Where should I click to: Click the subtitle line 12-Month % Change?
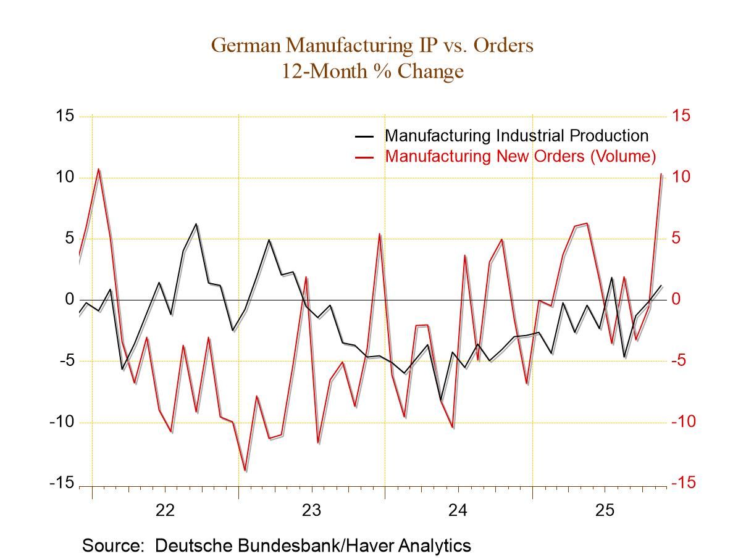pyautogui.click(x=372, y=71)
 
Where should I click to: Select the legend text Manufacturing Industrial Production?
pyautogui.click(x=516, y=136)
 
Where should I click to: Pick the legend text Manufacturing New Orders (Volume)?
pyautogui.click(x=520, y=156)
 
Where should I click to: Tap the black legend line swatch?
pyautogui.click(x=364, y=136)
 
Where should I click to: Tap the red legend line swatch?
pyautogui.click(x=364, y=157)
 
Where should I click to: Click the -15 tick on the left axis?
pyautogui.click(x=62, y=483)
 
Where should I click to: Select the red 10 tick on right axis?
pyautogui.click(x=681, y=177)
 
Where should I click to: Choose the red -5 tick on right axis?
pyautogui.click(x=681, y=360)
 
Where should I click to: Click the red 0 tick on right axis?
pyautogui.click(x=677, y=299)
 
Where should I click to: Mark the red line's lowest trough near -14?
pyautogui.click(x=245, y=471)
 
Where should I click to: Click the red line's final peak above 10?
pyautogui.click(x=661, y=174)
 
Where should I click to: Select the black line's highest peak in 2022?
pyautogui.click(x=196, y=224)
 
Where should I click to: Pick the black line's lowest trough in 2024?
pyautogui.click(x=441, y=400)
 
